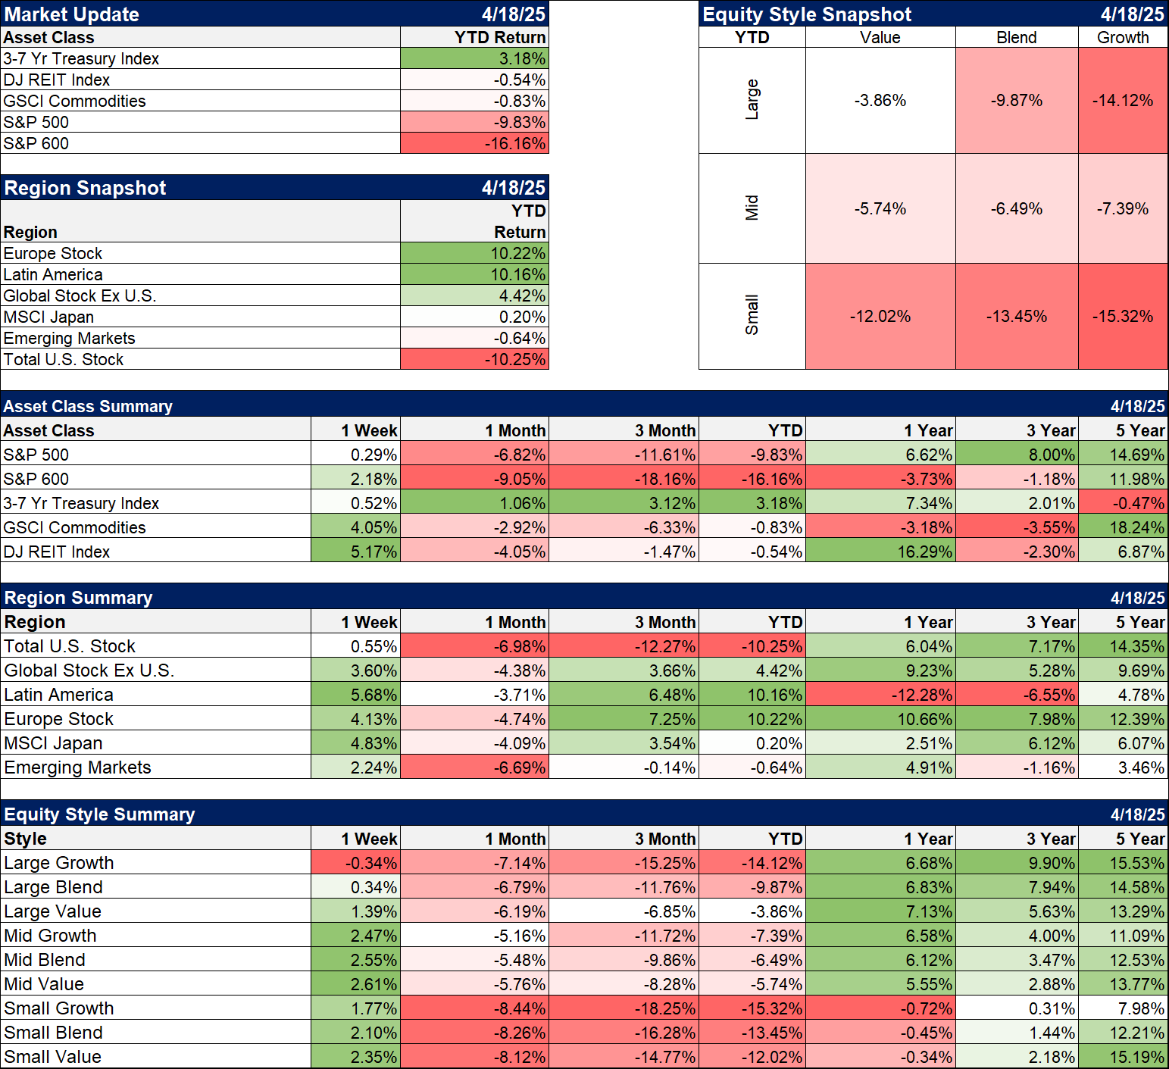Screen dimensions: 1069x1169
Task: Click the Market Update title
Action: tap(72, 14)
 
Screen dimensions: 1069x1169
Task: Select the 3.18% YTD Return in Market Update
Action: tap(522, 58)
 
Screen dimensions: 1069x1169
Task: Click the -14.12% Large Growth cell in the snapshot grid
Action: tap(1122, 100)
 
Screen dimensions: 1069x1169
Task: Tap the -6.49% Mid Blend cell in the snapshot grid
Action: tap(1016, 208)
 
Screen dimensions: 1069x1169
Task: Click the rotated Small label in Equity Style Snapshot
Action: tap(752, 315)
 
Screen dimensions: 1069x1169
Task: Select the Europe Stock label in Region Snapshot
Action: tap(53, 253)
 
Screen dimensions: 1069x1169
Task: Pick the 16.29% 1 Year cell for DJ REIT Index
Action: tap(924, 552)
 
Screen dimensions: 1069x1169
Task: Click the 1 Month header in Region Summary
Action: tap(515, 622)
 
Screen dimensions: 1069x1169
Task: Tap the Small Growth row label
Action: tap(59, 1008)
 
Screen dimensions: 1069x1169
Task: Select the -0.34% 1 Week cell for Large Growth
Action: tap(371, 863)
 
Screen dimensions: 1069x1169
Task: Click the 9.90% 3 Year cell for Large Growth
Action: tap(1052, 863)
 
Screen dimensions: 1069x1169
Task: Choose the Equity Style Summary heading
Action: tap(99, 814)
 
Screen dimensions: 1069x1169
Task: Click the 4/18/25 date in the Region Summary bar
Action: tap(1137, 598)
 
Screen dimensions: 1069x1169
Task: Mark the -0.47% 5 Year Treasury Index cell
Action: tap(1139, 503)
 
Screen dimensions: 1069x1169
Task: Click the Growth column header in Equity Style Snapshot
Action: tap(1123, 37)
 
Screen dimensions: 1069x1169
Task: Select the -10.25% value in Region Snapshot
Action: tap(515, 359)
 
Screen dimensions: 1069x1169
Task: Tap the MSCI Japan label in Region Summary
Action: tap(53, 743)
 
